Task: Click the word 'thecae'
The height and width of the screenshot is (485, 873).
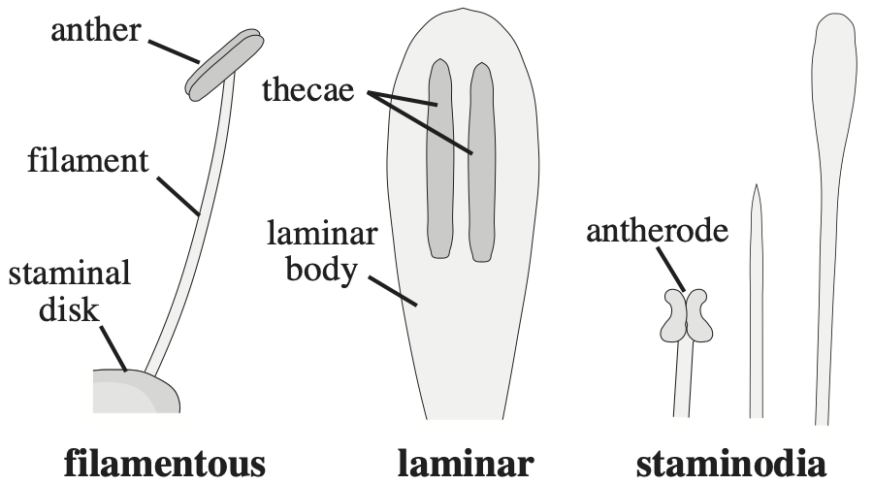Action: tap(310, 91)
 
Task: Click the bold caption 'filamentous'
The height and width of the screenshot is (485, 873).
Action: tap(163, 463)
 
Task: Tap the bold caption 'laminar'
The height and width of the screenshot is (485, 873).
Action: tap(465, 463)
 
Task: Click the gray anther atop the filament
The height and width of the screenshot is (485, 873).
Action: tap(224, 63)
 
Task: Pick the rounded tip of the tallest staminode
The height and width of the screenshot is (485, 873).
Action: tap(833, 44)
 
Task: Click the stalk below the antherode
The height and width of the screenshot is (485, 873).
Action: tap(684, 378)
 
